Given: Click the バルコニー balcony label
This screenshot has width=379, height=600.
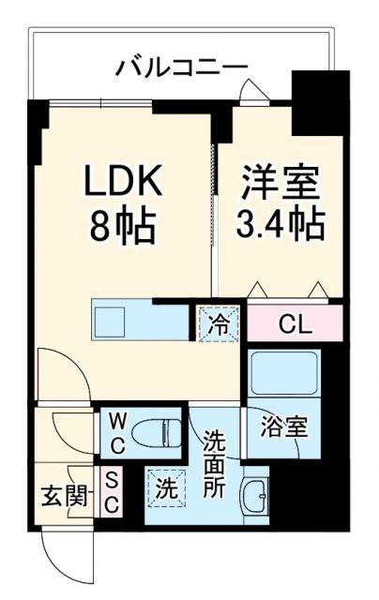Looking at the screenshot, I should pos(183,67).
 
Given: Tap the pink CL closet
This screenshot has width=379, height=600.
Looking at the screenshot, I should pos(295,324).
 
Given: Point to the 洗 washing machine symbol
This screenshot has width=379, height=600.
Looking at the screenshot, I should pos(164,487).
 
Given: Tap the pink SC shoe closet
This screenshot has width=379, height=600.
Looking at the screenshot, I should pos(111,489).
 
